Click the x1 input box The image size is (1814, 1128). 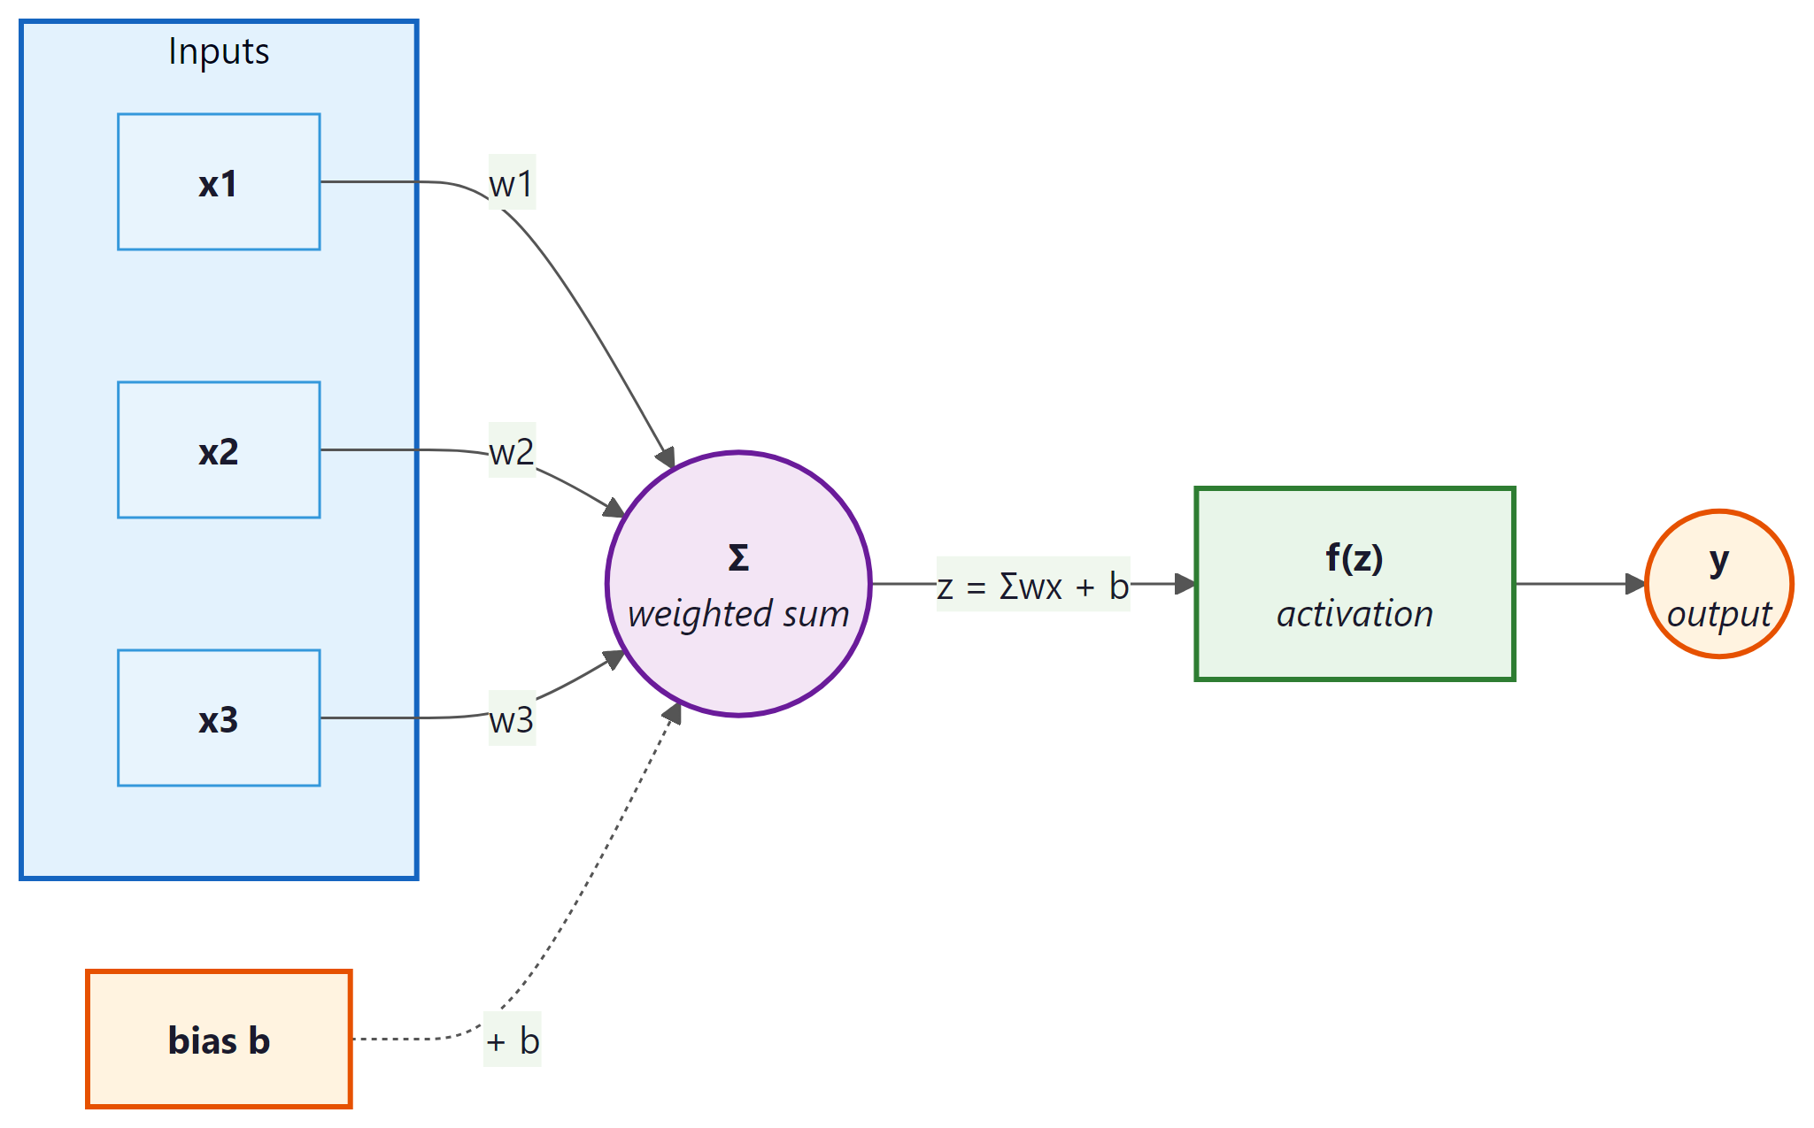coord(219,182)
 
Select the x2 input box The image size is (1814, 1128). coord(219,450)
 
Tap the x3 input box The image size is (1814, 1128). coord(219,718)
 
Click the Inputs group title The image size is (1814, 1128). coord(219,51)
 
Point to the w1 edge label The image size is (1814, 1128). coord(512,183)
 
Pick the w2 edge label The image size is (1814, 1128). coord(512,451)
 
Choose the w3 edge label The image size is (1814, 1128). coord(512,719)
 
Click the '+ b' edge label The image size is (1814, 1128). coord(512,1040)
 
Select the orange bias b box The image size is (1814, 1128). coord(219,1040)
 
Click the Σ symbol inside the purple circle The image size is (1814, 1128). coord(738,558)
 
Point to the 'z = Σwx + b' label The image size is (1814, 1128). coord(1033,585)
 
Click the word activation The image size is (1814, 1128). coord(1355,614)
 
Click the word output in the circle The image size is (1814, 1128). coord(1718,614)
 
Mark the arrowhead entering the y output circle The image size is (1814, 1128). coord(1636,584)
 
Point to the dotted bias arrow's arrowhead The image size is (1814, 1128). coord(674,713)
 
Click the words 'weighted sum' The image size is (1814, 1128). coord(738,614)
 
